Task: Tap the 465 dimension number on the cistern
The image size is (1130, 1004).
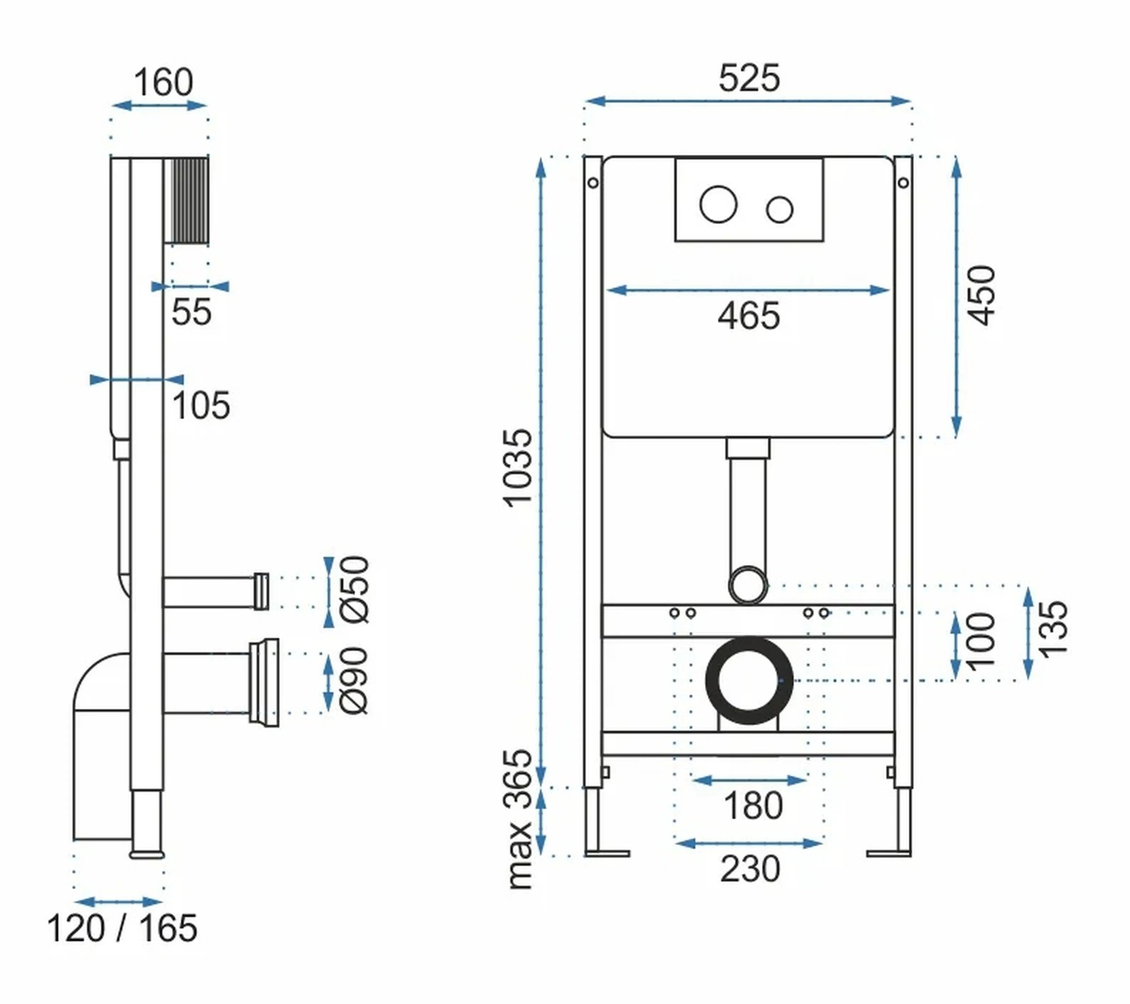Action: [749, 316]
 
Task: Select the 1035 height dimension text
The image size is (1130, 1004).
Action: [518, 467]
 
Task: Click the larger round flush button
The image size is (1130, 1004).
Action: [718, 204]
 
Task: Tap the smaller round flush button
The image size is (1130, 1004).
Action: [780, 209]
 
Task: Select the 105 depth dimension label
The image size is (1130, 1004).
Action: [201, 406]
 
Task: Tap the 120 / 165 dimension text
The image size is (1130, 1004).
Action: [122, 928]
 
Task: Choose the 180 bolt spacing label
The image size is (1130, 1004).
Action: [753, 806]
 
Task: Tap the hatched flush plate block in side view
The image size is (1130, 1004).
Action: [190, 201]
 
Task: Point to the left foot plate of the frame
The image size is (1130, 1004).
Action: [607, 854]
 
